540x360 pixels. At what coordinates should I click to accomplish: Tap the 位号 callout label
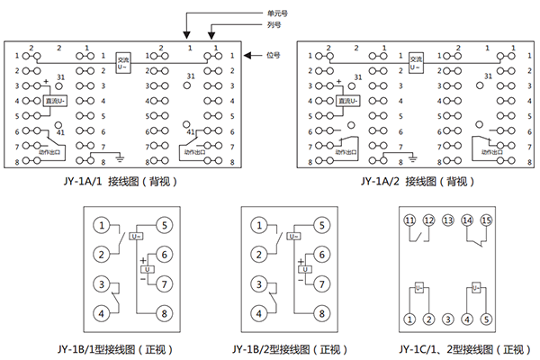click(276, 55)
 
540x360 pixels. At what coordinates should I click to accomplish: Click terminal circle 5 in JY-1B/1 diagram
click(164, 225)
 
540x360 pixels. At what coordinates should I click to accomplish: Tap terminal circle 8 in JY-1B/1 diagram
click(164, 313)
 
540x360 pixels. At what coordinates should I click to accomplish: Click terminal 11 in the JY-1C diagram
click(409, 220)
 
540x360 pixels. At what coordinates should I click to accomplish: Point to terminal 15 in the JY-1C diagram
click(486, 220)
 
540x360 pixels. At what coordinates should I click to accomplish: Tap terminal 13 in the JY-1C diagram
click(447, 220)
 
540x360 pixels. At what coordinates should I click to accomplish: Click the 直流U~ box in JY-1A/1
click(58, 101)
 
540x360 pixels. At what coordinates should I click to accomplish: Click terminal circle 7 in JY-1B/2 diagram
click(319, 284)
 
